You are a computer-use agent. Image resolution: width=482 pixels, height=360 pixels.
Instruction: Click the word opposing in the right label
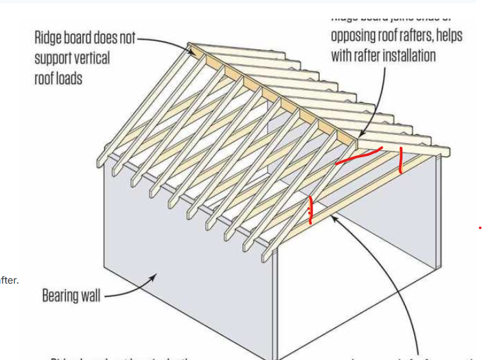coord(355,36)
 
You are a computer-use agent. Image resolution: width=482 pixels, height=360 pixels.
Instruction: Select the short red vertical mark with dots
coord(311,210)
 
